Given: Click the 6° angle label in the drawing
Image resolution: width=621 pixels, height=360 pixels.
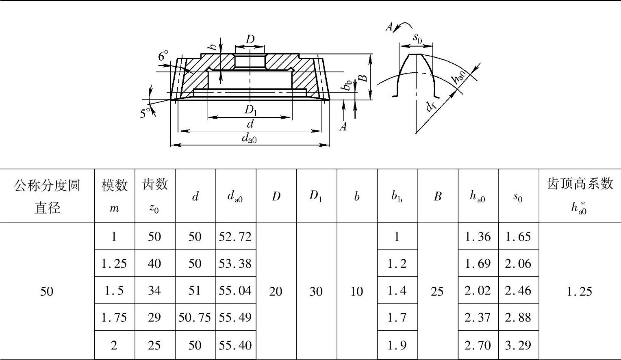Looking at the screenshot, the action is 163,56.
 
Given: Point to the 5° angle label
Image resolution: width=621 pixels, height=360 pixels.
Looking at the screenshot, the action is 145,113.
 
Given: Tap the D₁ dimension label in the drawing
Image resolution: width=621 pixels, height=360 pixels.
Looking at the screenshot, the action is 251,111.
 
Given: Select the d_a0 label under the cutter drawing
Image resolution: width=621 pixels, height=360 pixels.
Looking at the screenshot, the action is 249,139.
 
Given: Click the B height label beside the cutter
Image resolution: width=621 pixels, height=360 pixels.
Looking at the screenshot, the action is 365,77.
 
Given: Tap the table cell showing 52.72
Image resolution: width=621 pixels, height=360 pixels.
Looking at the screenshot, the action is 235,236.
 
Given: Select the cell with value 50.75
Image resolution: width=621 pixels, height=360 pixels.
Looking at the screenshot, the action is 195,317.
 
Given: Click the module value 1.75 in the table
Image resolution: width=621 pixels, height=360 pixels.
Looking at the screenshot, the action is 114,317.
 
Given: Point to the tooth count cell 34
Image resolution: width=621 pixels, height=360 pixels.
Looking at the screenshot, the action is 154,291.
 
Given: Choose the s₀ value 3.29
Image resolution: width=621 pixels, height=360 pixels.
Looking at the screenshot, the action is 518,345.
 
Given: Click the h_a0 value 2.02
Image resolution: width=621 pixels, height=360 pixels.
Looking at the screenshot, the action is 478,291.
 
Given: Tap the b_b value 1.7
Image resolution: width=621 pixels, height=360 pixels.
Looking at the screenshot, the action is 397,317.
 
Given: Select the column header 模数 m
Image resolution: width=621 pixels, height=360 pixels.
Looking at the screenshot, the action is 114,196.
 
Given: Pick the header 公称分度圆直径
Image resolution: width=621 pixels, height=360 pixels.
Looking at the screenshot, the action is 47,196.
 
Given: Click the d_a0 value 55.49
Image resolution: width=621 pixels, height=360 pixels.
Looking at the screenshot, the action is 235,317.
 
